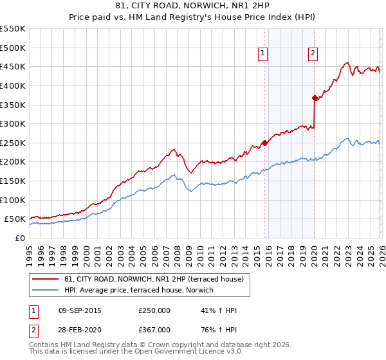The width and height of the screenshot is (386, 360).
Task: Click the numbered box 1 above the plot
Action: [264, 54]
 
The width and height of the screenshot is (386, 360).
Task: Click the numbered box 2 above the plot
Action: [313, 54]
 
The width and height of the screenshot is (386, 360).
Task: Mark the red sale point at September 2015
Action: [264, 143]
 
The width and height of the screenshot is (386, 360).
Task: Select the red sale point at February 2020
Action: [315, 98]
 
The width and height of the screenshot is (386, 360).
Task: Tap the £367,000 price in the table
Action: [154, 330]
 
